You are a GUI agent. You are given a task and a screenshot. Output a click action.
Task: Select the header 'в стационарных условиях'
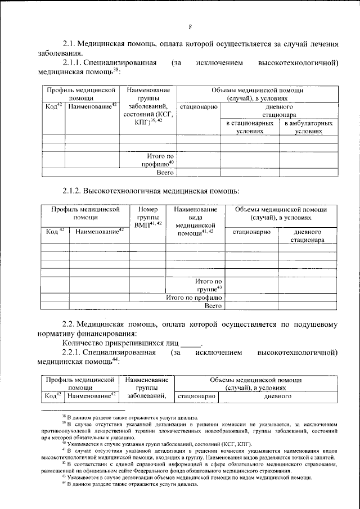[250, 127]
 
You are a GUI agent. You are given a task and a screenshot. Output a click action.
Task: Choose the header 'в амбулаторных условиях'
[309, 127]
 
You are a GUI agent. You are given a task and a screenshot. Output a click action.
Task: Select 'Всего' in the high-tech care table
[213, 306]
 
